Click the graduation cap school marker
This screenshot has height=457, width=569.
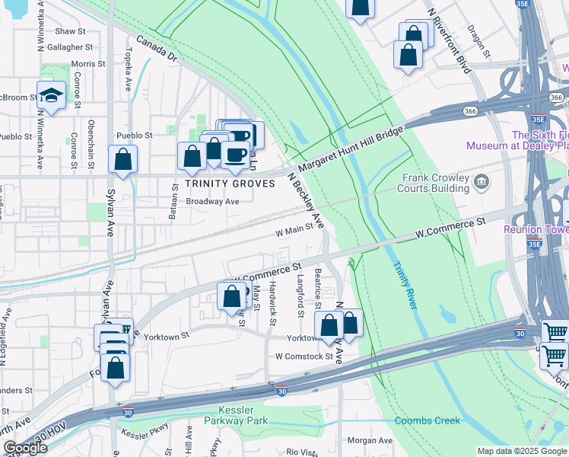point(51,95)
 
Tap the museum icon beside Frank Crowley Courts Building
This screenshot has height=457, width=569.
point(481,181)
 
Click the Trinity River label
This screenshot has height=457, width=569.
point(405,286)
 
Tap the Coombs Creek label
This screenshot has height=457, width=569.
point(428,420)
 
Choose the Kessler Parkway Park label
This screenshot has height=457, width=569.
point(237,414)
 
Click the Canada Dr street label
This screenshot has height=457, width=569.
point(157,48)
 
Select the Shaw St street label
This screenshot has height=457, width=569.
point(70,31)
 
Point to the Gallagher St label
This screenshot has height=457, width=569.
point(70,47)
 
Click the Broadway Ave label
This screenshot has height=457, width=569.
point(213,202)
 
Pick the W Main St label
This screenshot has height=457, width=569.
point(294,225)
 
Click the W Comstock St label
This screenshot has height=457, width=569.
point(304,356)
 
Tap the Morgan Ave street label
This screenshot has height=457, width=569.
point(370,440)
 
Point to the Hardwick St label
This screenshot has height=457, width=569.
point(272,302)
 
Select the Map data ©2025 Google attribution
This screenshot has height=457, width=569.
point(522,451)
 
